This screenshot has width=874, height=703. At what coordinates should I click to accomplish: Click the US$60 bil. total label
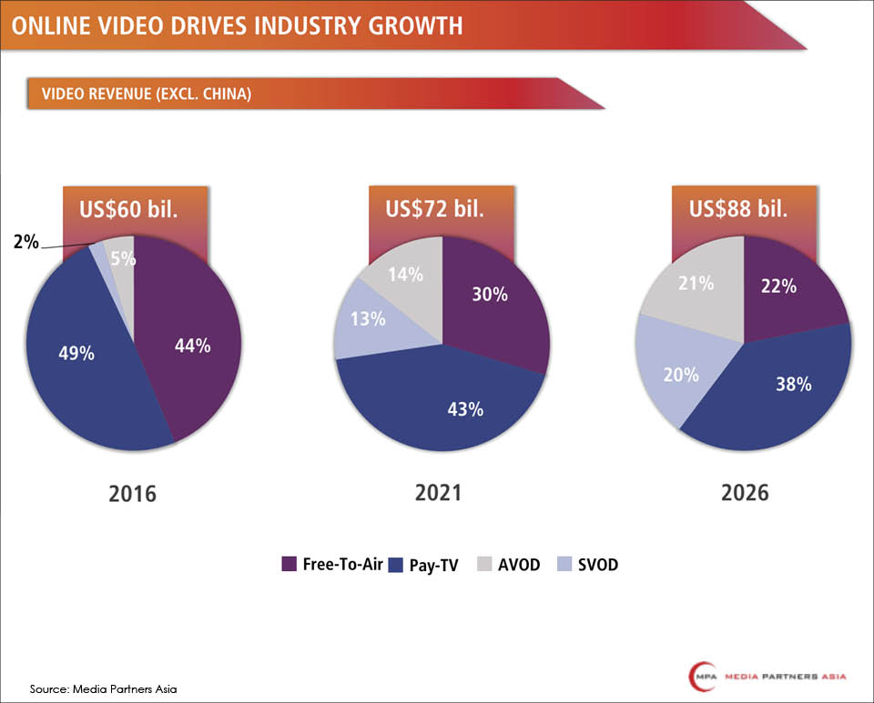pos(134,209)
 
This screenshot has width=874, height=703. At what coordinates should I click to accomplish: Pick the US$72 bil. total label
pos(442,209)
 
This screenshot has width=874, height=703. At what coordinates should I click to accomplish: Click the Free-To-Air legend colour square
pos(290,564)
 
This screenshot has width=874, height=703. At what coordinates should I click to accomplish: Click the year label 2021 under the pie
pos(439,492)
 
